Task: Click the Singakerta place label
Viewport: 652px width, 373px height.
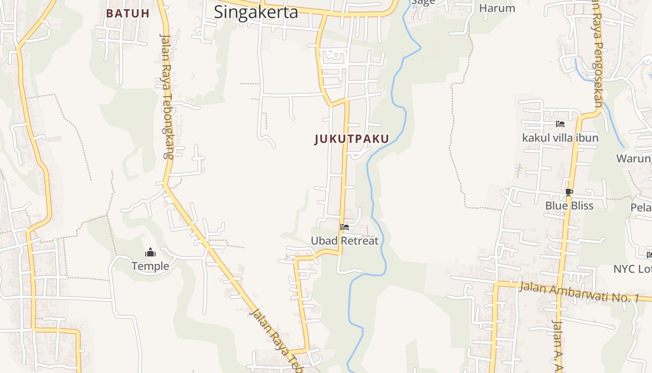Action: [256, 12]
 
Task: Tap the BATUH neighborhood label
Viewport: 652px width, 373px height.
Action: [128, 14]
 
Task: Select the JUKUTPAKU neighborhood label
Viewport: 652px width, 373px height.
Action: [352, 139]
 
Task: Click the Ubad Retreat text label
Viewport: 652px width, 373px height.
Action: [345, 241]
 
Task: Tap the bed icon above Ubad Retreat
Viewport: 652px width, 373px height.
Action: [345, 227]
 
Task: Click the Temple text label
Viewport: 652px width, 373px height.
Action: [150, 266]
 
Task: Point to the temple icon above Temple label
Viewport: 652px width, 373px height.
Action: [150, 253]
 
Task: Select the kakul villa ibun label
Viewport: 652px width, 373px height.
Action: [560, 138]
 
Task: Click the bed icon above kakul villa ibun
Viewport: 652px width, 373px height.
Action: [560, 124]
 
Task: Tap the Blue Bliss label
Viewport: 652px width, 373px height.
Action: [569, 206]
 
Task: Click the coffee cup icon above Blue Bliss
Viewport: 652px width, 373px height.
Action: [569, 192]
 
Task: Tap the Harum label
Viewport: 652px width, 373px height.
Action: [497, 8]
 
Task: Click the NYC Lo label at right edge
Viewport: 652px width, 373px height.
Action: [632, 269]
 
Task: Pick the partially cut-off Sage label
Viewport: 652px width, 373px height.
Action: [423, 2]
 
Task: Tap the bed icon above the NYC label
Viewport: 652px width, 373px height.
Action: [649, 255]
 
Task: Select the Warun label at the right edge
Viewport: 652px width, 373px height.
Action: [634, 159]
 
